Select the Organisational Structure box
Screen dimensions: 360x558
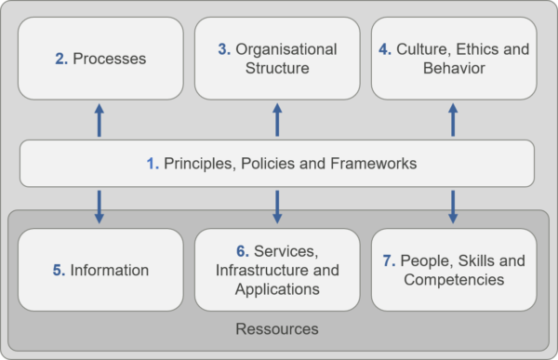pyautogui.click(x=276, y=59)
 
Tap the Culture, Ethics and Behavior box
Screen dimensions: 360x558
pyautogui.click(x=454, y=59)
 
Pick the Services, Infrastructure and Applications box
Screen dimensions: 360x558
pyautogui.click(x=276, y=271)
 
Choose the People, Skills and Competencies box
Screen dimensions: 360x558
pyautogui.click(x=454, y=271)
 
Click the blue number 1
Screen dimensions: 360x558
pyautogui.click(x=152, y=164)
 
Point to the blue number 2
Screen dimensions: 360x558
pyautogui.click(x=60, y=60)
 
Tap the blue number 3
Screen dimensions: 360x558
pyautogui.click(x=224, y=49)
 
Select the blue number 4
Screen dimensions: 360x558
pyautogui.click(x=384, y=49)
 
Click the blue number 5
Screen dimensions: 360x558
pyautogui.click(x=58, y=271)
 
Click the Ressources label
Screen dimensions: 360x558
pyautogui.click(x=277, y=328)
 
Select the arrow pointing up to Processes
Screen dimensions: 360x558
pyautogui.click(x=99, y=119)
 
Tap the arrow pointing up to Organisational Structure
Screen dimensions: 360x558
pyautogui.click(x=277, y=119)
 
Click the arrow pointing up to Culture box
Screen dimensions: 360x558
pyautogui.click(x=454, y=119)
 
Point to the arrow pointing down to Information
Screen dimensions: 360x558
pyautogui.click(x=99, y=207)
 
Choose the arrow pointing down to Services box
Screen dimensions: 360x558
pyautogui.click(x=277, y=207)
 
